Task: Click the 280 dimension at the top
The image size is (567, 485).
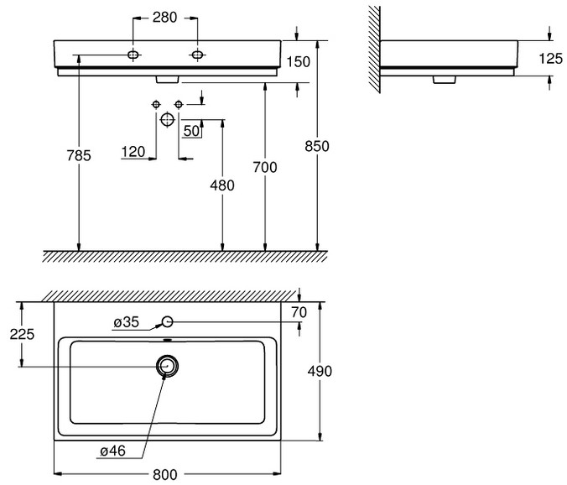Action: pos(164,18)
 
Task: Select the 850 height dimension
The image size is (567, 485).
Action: pos(317,146)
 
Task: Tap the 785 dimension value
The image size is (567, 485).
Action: pos(79,155)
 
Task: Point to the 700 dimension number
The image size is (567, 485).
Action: pos(265,167)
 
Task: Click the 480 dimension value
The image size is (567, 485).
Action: pos(222,185)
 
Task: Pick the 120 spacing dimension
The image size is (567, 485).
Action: pos(133,152)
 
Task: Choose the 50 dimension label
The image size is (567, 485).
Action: pos(191,131)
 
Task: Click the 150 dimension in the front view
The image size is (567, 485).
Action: pos(299,62)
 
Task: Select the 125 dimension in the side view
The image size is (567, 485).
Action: pos(551,59)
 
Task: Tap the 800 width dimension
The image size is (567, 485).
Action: pos(165,475)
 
